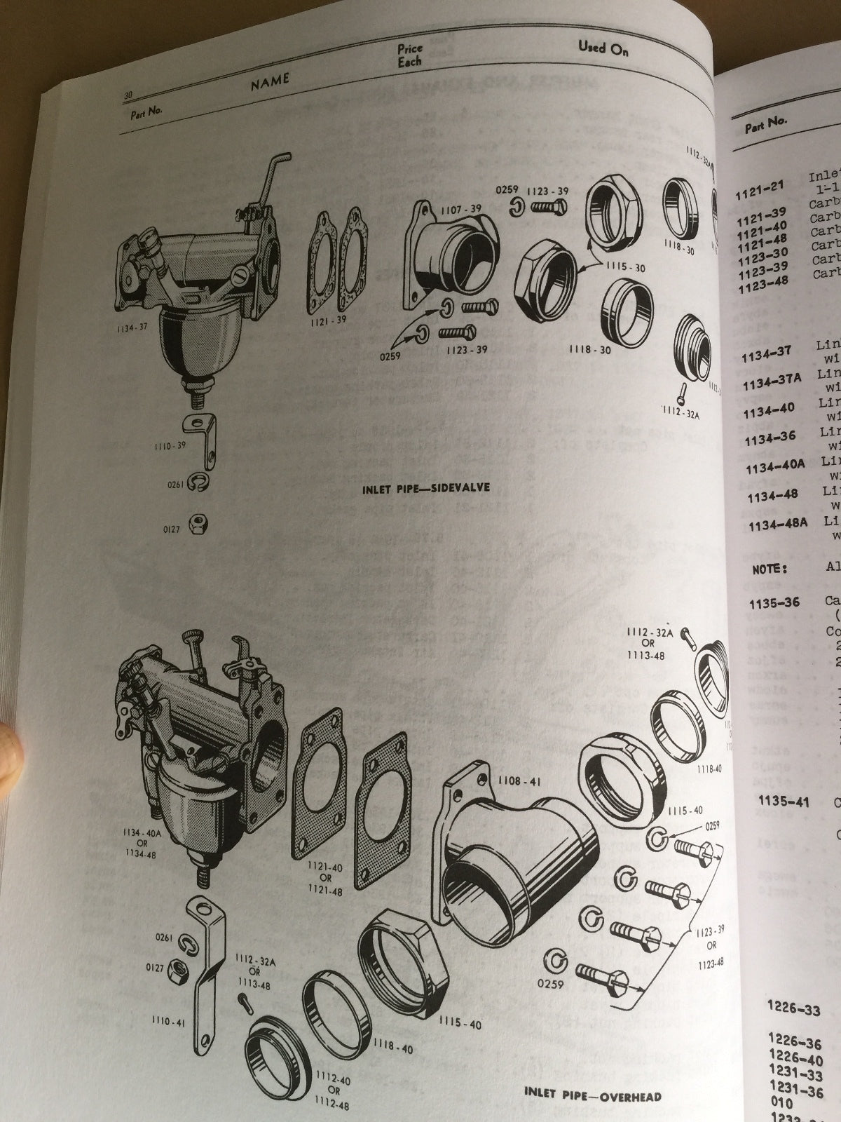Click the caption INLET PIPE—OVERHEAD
(x=592, y=1094)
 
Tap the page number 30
(x=128, y=95)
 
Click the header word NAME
(x=270, y=81)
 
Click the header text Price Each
(x=410, y=55)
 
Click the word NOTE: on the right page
(x=770, y=569)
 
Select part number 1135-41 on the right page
(x=783, y=802)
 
